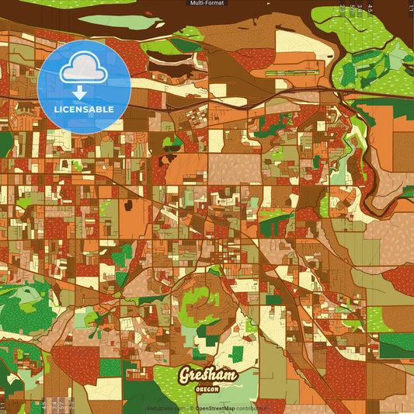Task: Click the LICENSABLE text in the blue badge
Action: tap(84, 109)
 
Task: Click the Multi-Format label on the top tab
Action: tap(207, 3)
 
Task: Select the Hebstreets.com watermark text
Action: tap(165, 407)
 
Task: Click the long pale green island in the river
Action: tap(120, 22)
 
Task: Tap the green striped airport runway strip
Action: tap(291, 74)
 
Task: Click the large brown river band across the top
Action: tap(233, 23)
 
